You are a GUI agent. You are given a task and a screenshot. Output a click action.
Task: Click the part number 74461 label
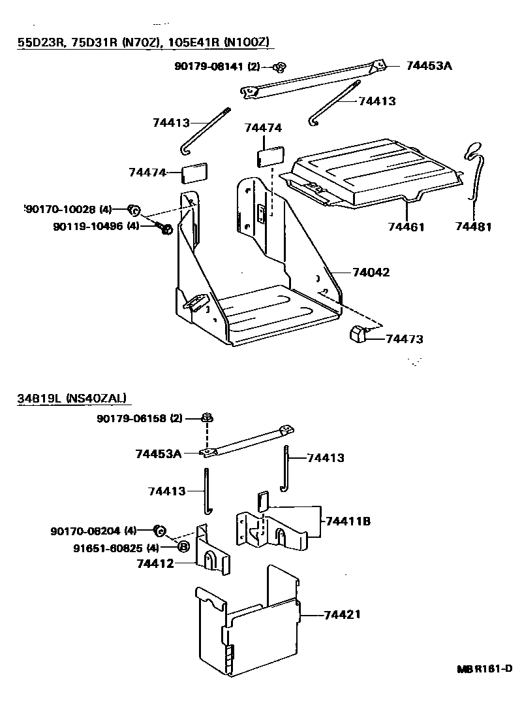(x=406, y=227)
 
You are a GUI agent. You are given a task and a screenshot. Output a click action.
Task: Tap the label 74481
(x=473, y=227)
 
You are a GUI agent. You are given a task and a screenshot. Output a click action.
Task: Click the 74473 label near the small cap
(x=405, y=339)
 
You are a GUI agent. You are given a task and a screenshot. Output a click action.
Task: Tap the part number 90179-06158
(x=139, y=418)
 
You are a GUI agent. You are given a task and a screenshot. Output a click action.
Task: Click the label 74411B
(x=348, y=521)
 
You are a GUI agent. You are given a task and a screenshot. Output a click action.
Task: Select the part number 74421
(x=342, y=615)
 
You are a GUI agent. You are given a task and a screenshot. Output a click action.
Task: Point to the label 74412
(x=155, y=563)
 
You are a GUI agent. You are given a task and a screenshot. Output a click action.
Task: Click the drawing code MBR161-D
(x=484, y=669)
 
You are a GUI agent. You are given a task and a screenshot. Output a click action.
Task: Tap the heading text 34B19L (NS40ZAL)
(x=72, y=397)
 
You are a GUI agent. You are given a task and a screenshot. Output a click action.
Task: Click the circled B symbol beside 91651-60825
(x=183, y=547)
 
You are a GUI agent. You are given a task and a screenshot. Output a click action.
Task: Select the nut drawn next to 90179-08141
(x=281, y=66)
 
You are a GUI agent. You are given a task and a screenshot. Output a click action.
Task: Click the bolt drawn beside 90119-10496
(x=164, y=228)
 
